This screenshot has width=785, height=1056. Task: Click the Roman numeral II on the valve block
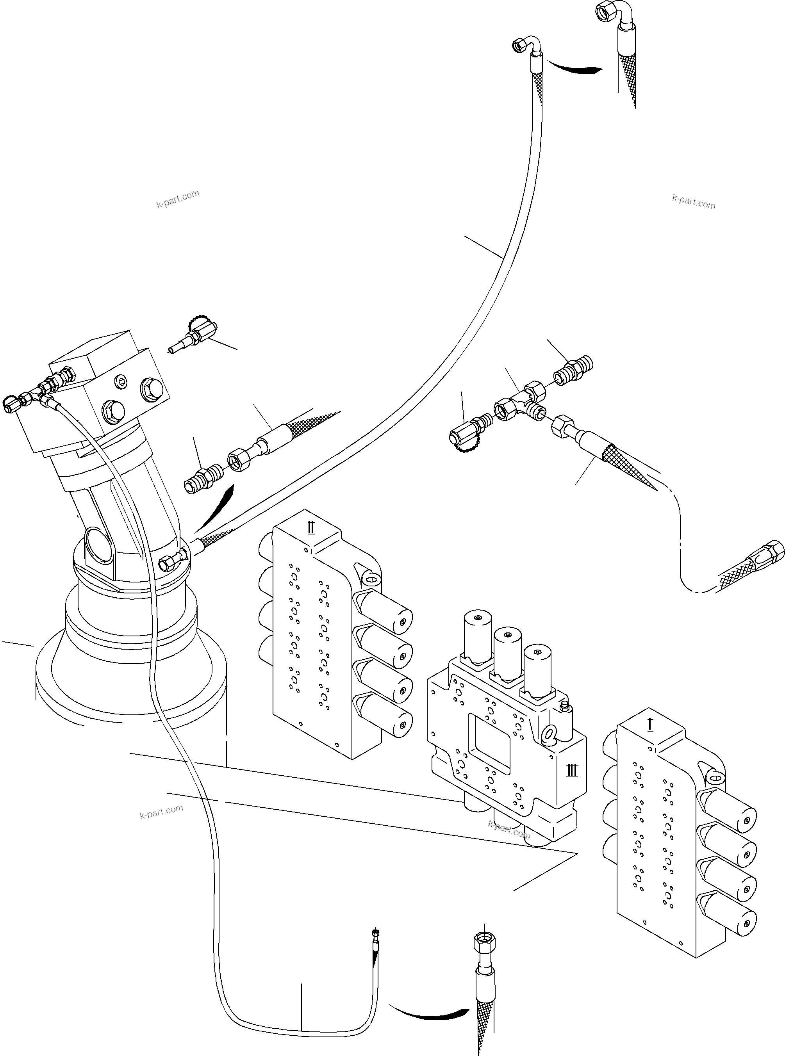[311, 527]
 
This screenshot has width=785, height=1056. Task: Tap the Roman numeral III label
[572, 770]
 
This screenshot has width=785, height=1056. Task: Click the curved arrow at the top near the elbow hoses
[575, 68]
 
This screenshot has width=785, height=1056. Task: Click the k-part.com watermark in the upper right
[693, 201]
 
